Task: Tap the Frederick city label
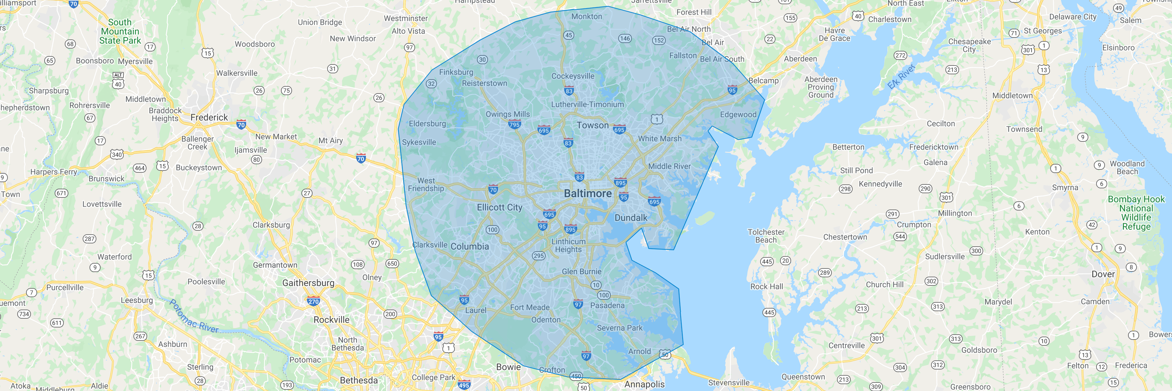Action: tap(209, 117)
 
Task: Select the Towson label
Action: tap(593, 125)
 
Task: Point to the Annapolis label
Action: tap(644, 384)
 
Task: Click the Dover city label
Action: tap(1103, 274)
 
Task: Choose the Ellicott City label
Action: tap(499, 207)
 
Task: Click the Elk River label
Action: tap(901, 77)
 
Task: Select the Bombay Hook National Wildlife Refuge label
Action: tap(1136, 212)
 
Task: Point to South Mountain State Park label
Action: tap(120, 31)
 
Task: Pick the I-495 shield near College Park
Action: tap(464, 385)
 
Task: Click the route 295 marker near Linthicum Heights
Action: tap(539, 256)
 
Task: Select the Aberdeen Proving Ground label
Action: tap(821, 87)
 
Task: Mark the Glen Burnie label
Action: tap(581, 272)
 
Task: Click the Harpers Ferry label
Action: tap(54, 172)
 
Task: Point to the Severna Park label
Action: tap(620, 328)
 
